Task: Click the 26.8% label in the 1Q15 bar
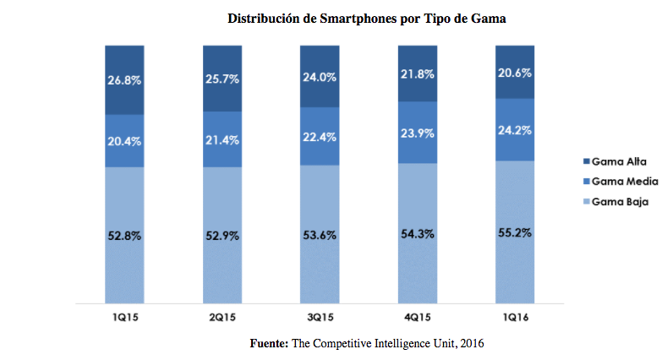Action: pos(124,80)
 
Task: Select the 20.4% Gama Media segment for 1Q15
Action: pos(124,141)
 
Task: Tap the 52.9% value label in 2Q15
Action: pos(222,236)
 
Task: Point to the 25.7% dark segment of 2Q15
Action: pos(222,79)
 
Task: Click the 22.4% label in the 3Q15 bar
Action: pos(320,137)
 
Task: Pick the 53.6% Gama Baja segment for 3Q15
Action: pos(320,234)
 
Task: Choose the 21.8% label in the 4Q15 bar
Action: pos(418,74)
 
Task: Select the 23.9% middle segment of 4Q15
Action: pos(418,133)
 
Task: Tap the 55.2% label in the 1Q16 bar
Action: pos(515,232)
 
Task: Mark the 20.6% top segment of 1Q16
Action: pos(515,72)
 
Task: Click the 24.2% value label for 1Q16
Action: pos(515,130)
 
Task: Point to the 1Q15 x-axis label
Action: pos(125,318)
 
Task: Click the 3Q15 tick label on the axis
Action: pos(320,318)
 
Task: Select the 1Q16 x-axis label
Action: pos(515,318)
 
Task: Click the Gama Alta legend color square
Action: pos(587,161)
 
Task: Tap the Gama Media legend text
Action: pos(625,182)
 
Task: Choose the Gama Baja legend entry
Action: pos(616,202)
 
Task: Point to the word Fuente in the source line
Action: pos(268,344)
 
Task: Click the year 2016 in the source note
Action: pos(472,344)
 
